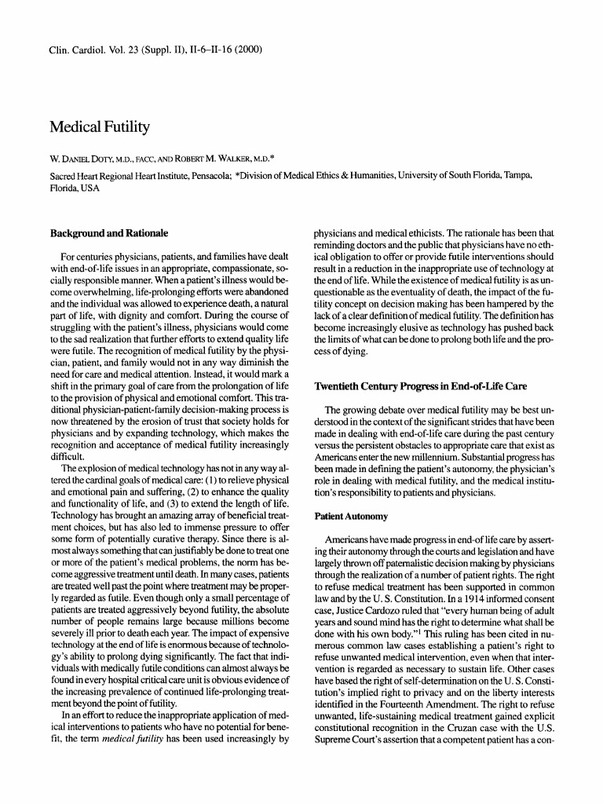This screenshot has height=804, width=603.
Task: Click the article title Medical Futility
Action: (100, 126)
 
